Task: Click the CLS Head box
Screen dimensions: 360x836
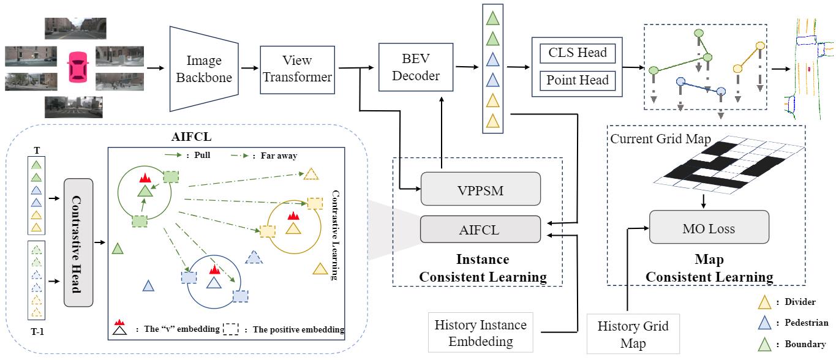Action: [x=577, y=53]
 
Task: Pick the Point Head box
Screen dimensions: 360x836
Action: [x=577, y=80]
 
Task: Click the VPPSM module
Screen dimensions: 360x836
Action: [x=480, y=189]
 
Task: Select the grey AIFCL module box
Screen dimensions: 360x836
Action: [x=480, y=230]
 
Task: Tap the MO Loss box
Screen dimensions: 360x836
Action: [x=709, y=229]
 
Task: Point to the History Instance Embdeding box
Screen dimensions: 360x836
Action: [x=480, y=332]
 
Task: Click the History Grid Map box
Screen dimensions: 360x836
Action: [x=633, y=334]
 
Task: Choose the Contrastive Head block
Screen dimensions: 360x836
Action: [x=78, y=242]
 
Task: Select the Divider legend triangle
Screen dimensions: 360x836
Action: [x=763, y=301]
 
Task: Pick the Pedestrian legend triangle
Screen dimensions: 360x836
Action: [x=763, y=323]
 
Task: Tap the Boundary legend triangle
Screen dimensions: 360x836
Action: [x=763, y=344]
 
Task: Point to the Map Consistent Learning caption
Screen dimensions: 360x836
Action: [x=709, y=268]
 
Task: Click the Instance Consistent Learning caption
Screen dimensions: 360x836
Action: [x=482, y=268]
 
